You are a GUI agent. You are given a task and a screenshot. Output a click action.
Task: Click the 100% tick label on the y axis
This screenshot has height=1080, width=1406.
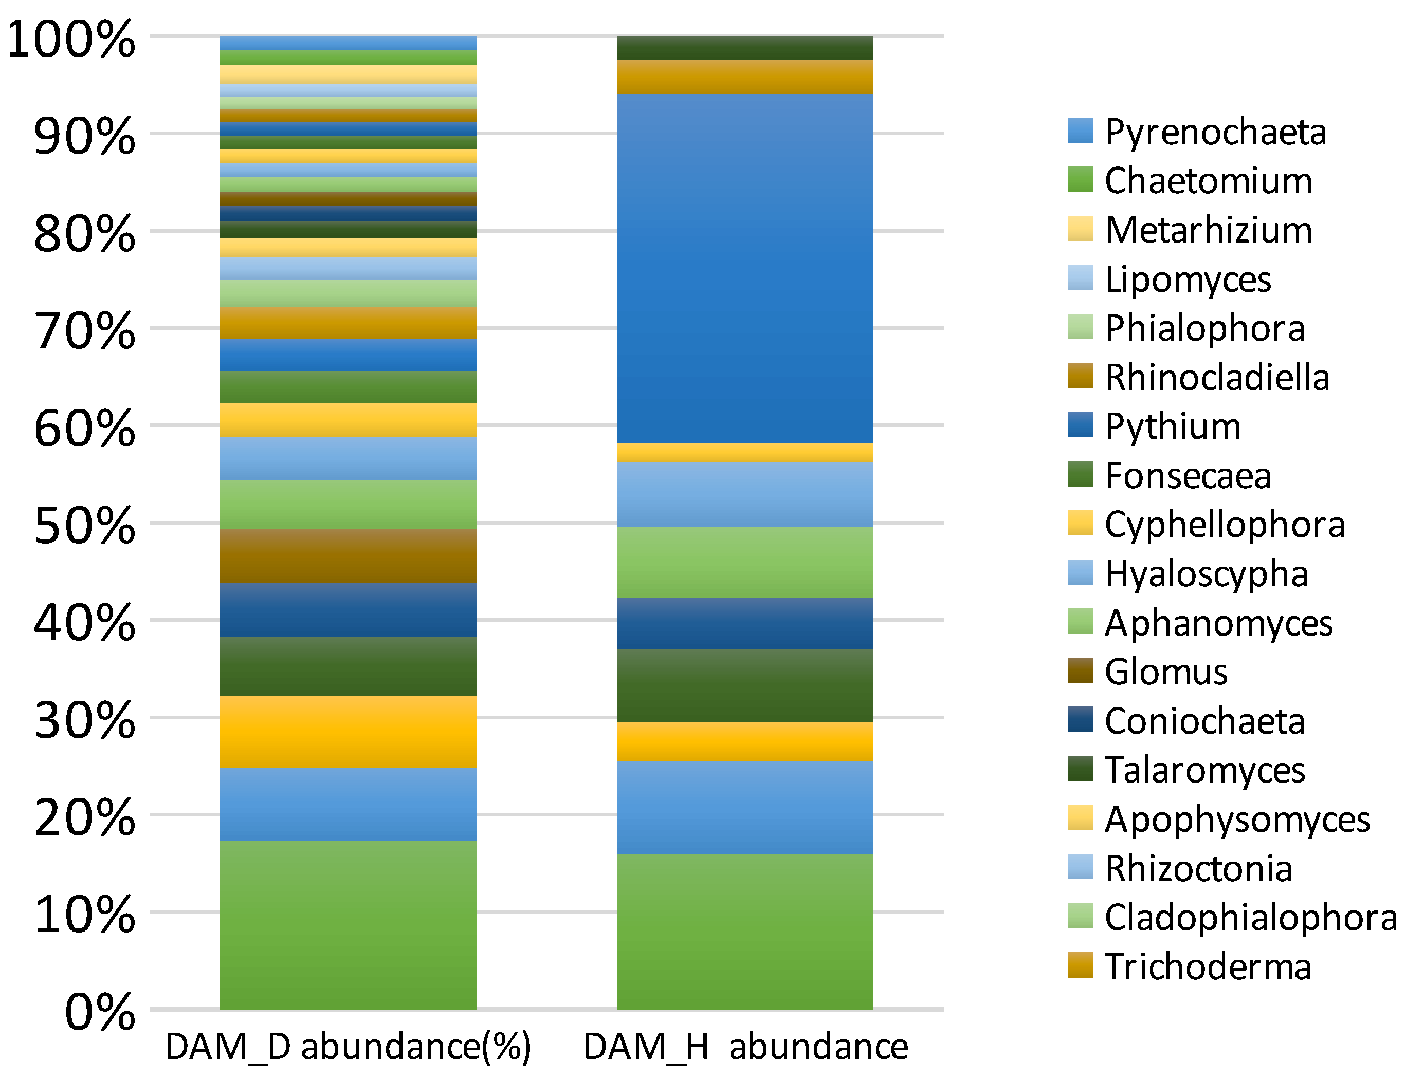click(x=71, y=40)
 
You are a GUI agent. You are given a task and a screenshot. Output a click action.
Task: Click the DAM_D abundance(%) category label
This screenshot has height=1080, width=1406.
click(x=348, y=1047)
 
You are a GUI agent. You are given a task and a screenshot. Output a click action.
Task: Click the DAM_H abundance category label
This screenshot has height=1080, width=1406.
click(x=745, y=1047)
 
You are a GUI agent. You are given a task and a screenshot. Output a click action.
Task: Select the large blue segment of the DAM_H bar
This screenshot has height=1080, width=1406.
click(x=745, y=268)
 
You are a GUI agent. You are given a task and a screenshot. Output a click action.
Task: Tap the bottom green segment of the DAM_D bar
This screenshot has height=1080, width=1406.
click(x=348, y=924)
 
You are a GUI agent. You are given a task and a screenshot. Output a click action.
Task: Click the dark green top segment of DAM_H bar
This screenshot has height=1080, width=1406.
click(x=745, y=48)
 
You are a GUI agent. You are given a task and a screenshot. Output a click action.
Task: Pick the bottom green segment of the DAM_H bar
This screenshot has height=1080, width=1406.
click(x=745, y=931)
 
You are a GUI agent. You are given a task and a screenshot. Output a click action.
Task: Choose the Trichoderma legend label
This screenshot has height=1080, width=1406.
click(x=1207, y=966)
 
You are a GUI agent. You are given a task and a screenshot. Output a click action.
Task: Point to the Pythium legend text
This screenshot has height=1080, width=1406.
click(x=1173, y=426)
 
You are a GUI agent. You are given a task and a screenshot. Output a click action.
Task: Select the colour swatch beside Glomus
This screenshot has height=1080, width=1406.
click(x=1080, y=671)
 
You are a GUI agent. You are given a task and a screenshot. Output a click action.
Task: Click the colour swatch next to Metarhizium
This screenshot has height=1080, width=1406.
click(x=1080, y=229)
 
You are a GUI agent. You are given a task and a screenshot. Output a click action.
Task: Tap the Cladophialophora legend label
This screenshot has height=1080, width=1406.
click(x=1250, y=917)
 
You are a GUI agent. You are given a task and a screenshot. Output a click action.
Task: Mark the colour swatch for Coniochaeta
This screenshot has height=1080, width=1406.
click(x=1080, y=719)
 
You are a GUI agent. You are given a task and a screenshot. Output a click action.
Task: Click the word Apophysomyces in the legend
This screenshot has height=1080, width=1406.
click(x=1237, y=820)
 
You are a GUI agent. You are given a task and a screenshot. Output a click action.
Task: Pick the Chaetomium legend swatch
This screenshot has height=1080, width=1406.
click(x=1080, y=179)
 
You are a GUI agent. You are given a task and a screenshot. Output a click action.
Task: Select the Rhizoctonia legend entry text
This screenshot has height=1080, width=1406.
click(x=1198, y=868)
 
